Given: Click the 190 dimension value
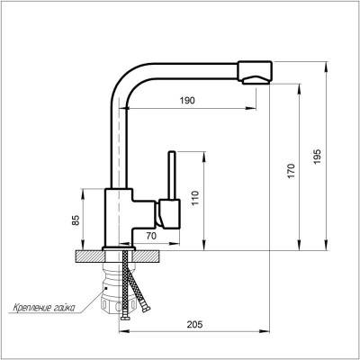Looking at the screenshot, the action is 187,101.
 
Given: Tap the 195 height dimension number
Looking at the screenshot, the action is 317,157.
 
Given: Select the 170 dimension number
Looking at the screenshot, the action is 291,171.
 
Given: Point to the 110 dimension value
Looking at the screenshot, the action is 195,198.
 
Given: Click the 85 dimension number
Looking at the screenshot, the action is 76,220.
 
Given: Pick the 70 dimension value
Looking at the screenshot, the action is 151,237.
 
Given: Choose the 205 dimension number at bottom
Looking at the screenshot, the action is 195,324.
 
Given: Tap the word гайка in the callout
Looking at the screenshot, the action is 65,308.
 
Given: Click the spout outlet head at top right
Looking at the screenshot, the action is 255,73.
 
